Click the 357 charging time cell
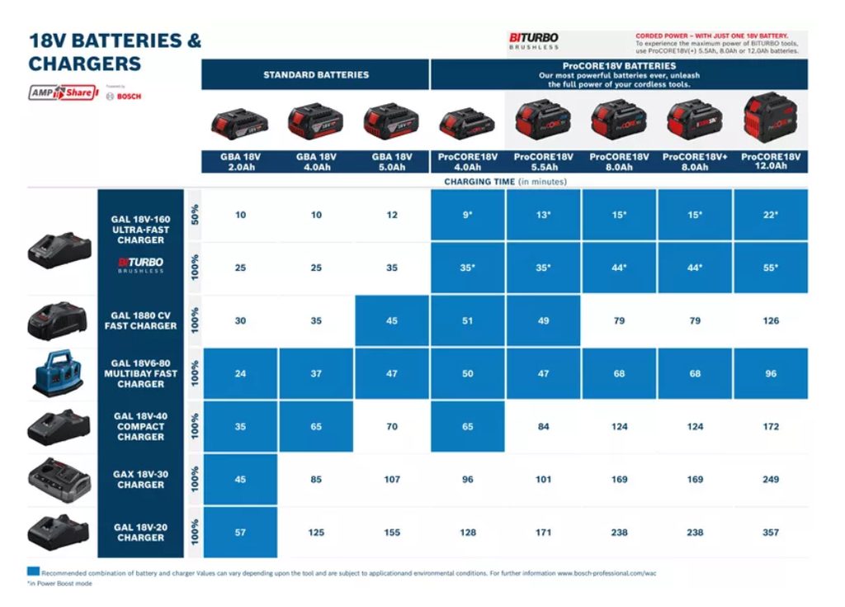coord(770,533)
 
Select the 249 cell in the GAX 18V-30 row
coord(770,480)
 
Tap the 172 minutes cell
coord(770,427)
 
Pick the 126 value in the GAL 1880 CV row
coord(770,321)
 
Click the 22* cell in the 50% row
coord(770,216)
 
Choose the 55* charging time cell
coord(770,268)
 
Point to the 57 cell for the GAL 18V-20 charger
coord(240,533)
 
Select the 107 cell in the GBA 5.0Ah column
coord(392,480)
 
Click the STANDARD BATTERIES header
coord(315,75)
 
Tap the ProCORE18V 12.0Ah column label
coord(771,162)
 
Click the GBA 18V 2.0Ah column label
coord(240,162)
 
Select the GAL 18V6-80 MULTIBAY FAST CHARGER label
coord(140,374)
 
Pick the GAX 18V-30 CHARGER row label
coord(140,480)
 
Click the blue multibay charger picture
coord(58,373)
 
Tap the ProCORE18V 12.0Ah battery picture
coord(771,118)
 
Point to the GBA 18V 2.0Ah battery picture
coord(240,124)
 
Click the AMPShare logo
coord(62,93)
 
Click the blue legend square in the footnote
coord(33,571)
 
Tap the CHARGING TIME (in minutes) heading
coord(505,182)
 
